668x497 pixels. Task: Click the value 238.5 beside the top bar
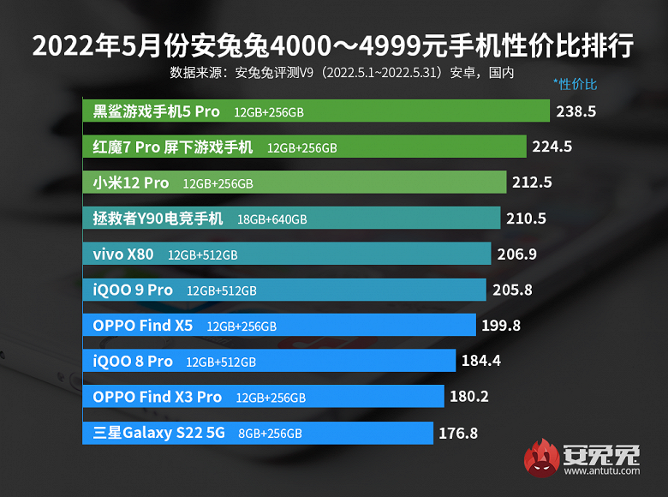pyautogui.click(x=576, y=111)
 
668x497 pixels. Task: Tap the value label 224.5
pyautogui.click(x=552, y=147)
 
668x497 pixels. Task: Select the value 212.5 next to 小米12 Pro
pyautogui.click(x=532, y=183)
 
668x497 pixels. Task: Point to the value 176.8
pyautogui.click(x=457, y=433)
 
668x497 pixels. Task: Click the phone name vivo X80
pyautogui.click(x=123, y=254)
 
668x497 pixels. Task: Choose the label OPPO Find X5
pyautogui.click(x=143, y=326)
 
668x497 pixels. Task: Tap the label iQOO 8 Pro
pyautogui.click(x=133, y=361)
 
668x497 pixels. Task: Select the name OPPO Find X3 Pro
pyautogui.click(x=157, y=397)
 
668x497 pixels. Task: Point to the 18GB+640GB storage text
pyautogui.click(x=271, y=219)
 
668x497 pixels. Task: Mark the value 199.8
pyautogui.click(x=501, y=326)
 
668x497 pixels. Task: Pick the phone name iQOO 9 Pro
pyautogui.click(x=133, y=290)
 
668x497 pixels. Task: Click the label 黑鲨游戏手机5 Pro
pyautogui.click(x=157, y=111)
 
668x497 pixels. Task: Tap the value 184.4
pyautogui.click(x=480, y=361)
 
